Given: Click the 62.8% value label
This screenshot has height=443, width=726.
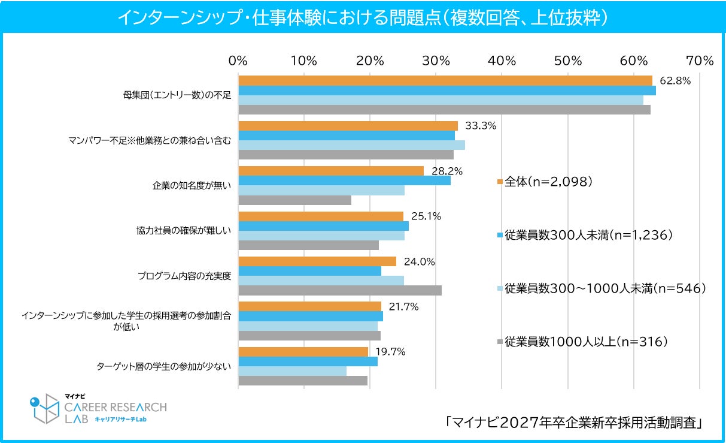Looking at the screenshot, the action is [x=675, y=80].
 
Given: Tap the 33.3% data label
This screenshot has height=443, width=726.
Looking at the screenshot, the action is [x=481, y=126].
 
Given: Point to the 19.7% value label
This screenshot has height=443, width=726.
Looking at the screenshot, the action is [x=391, y=351].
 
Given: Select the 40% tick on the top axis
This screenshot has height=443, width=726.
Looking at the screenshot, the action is [x=502, y=61].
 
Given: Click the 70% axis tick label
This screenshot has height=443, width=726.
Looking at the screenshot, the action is [x=700, y=61].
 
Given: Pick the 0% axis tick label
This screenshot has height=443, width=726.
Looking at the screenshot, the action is [x=238, y=61].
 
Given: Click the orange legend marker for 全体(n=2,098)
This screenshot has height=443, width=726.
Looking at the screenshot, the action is [x=500, y=182].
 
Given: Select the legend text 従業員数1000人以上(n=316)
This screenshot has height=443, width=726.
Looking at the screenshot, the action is [x=586, y=342].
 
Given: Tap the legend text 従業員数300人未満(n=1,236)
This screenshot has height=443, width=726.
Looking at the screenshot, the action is [x=588, y=235].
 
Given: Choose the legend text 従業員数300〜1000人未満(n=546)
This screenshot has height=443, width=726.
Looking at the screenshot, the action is [x=605, y=288].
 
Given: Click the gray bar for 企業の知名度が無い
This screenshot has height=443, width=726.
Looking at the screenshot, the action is [x=295, y=200].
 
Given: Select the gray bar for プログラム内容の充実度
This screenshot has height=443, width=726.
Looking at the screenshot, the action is [x=340, y=291].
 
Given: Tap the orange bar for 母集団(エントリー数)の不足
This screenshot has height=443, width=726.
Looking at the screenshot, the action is [x=445, y=80].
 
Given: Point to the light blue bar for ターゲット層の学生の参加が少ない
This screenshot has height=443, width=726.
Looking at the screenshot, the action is [x=292, y=371].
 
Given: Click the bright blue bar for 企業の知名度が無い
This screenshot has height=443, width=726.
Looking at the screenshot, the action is [x=345, y=180].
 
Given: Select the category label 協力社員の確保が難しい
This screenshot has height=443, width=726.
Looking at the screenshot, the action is [x=183, y=230].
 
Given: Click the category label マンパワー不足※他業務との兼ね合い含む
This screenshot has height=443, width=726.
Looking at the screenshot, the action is [x=150, y=140].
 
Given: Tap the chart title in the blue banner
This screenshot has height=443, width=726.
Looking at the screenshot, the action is [x=363, y=17].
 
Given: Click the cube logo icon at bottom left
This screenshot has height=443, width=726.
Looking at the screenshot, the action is [x=45, y=409].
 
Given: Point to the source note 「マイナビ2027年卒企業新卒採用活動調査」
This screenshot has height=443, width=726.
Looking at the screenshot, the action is [x=573, y=423].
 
